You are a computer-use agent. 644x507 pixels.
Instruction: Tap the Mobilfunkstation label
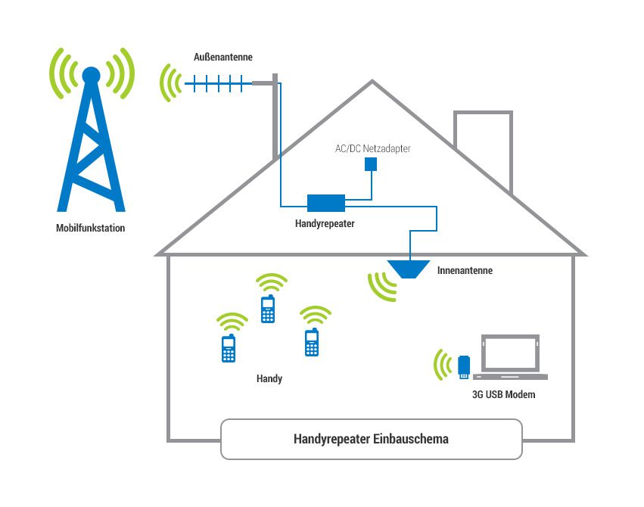[91, 228]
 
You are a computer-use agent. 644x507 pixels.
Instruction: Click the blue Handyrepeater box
[326, 203]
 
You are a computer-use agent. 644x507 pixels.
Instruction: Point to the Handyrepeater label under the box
[325, 224]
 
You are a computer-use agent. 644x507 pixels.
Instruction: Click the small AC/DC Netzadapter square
[371, 164]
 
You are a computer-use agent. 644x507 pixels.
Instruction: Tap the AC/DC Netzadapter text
[372, 149]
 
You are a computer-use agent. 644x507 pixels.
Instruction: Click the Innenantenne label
[465, 270]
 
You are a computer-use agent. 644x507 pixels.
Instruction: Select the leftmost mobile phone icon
[229, 348]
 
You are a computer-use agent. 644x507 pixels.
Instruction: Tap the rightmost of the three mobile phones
[311, 342]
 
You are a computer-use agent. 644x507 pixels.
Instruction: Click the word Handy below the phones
[269, 378]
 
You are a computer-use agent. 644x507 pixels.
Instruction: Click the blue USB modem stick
[465, 366]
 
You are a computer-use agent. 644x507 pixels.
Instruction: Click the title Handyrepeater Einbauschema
[371, 440]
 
